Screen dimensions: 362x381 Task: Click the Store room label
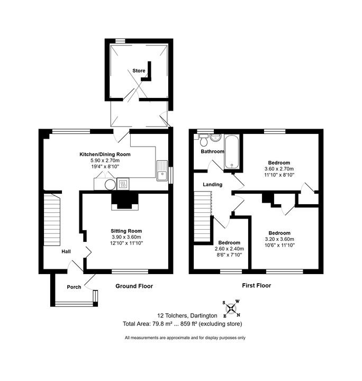click(x=139, y=71)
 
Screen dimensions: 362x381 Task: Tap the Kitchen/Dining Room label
click(x=105, y=155)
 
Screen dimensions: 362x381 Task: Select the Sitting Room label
click(x=126, y=231)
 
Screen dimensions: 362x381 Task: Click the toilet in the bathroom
click(x=203, y=140)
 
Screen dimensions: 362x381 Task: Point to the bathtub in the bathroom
click(x=232, y=152)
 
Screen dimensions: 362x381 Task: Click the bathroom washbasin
click(x=215, y=138)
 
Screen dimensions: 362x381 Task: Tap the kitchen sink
click(x=162, y=170)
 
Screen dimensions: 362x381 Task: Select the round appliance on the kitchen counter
click(x=110, y=185)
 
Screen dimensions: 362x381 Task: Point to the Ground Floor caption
click(x=134, y=286)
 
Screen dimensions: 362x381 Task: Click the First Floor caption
click(x=256, y=285)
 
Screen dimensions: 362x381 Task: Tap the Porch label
click(x=74, y=287)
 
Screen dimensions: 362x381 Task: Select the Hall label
click(x=66, y=251)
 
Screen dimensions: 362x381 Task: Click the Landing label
click(x=213, y=185)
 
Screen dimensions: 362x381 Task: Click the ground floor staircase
click(x=52, y=220)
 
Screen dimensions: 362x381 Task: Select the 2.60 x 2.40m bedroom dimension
click(x=229, y=249)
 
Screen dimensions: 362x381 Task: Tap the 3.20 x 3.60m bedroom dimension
click(x=279, y=239)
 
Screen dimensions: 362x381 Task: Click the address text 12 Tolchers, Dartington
click(x=187, y=315)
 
